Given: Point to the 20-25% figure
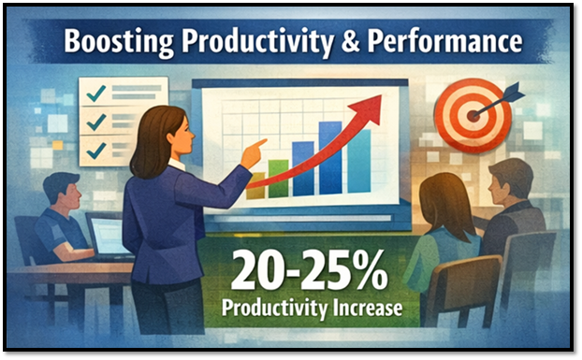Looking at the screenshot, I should (x=308, y=272).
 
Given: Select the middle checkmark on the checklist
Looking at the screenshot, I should (x=95, y=122).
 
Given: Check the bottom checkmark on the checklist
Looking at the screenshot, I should (x=95, y=150).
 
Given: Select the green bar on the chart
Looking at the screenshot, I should (x=278, y=178).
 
